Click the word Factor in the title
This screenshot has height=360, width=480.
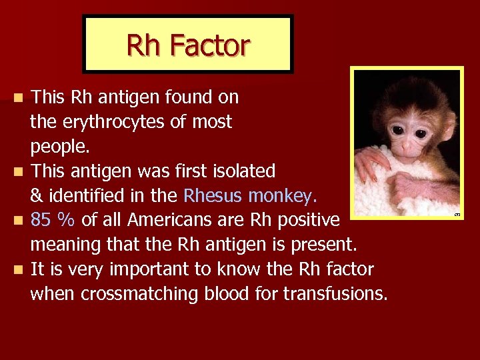point(209,45)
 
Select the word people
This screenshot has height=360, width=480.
point(55,147)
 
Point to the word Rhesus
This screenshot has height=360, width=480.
point(213,196)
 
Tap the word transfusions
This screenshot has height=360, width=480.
point(335,293)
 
